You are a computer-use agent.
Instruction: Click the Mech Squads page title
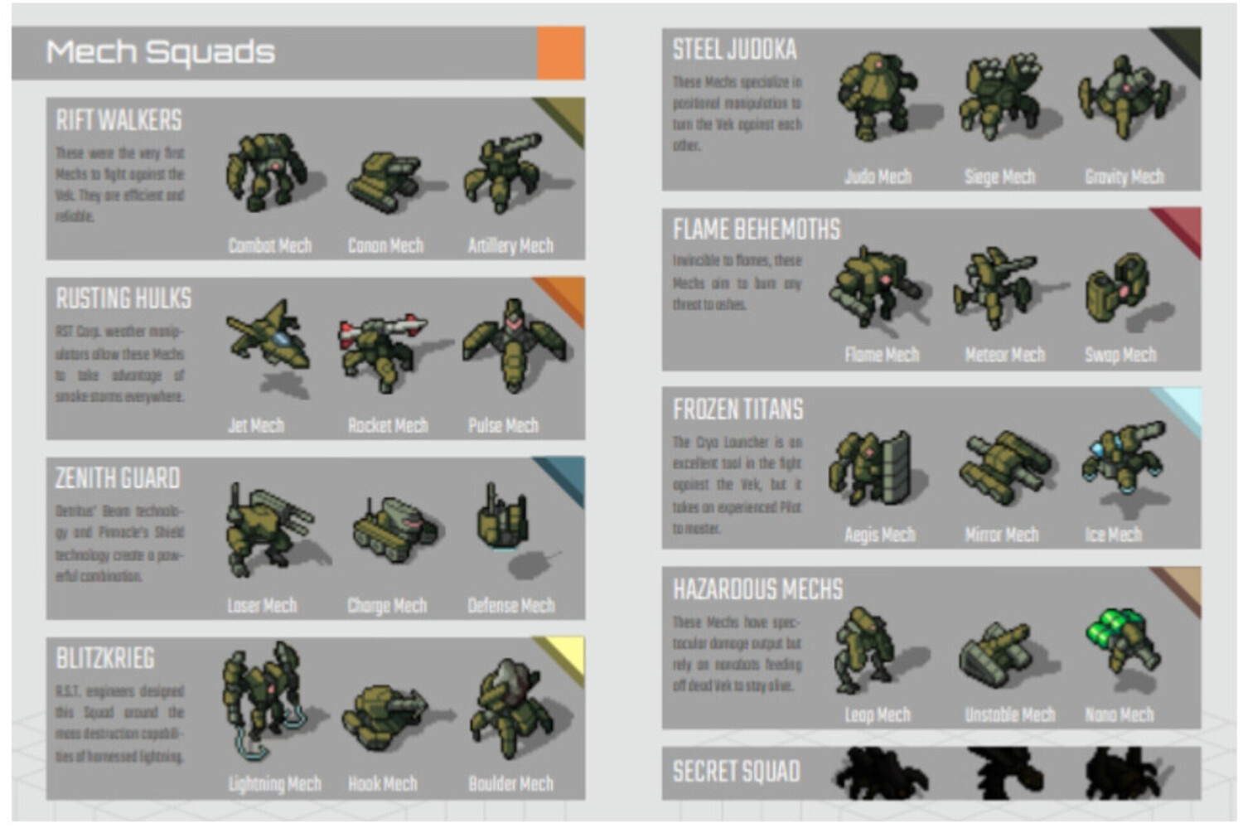pyautogui.click(x=160, y=52)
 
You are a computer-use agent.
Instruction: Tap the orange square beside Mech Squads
pyautogui.click(x=561, y=53)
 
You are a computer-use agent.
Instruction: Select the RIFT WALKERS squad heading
pyautogui.click(x=118, y=120)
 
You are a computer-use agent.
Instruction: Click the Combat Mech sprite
pyautogui.click(x=266, y=172)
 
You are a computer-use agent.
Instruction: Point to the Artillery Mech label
pyautogui.click(x=510, y=245)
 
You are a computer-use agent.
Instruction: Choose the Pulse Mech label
pyautogui.click(x=503, y=425)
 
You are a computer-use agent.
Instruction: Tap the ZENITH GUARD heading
pyautogui.click(x=118, y=478)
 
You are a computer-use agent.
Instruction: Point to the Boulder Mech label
pyautogui.click(x=510, y=783)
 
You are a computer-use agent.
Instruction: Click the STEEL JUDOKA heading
pyautogui.click(x=734, y=50)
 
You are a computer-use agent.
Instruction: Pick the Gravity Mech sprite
pyautogui.click(x=1124, y=98)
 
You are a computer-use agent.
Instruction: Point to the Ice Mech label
pyautogui.click(x=1113, y=535)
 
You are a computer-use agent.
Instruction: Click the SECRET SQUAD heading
pyautogui.click(x=736, y=772)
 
